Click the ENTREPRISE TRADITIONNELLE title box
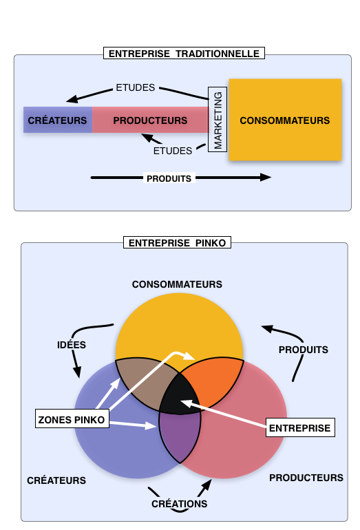[x=184, y=54]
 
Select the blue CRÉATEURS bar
[x=58, y=120]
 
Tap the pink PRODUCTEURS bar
[x=151, y=120]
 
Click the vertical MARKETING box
[x=218, y=120]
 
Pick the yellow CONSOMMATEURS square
[x=285, y=120]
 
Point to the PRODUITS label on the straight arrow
[x=169, y=178]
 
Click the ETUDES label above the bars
[x=135, y=87]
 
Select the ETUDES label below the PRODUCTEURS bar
[x=172, y=151]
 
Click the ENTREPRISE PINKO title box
[x=177, y=243]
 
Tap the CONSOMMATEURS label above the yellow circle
[x=177, y=284]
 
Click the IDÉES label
[x=72, y=345]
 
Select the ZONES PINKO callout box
[x=72, y=419]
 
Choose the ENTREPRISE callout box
[x=300, y=427]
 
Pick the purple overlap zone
[x=180, y=436]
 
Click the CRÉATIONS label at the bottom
[x=179, y=504]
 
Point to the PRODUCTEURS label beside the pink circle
[x=306, y=478]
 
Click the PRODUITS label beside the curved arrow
[x=303, y=350]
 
